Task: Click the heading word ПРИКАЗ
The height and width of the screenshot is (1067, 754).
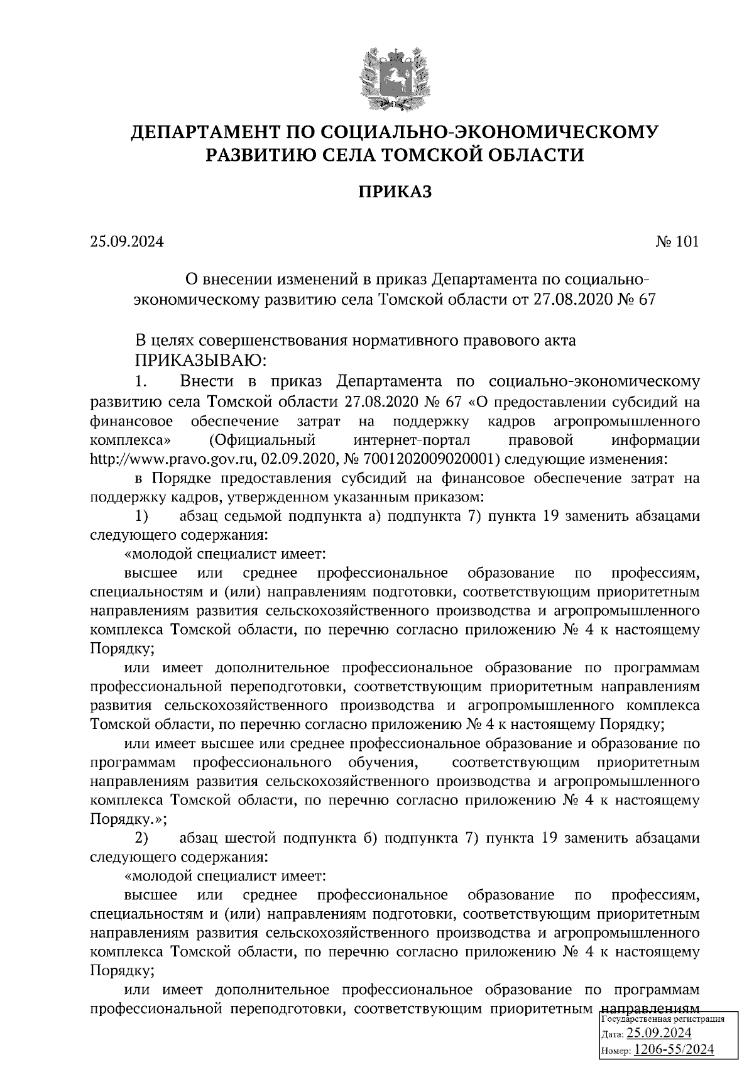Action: point(395,192)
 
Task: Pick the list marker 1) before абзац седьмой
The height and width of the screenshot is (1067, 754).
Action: point(142,517)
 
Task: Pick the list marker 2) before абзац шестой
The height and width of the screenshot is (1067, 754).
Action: point(142,838)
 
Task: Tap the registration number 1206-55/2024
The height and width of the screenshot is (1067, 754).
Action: point(674,1049)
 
